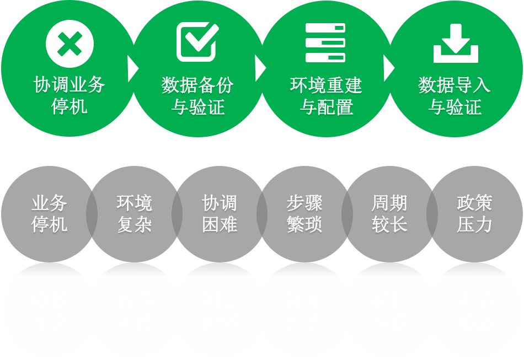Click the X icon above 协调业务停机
[69, 44]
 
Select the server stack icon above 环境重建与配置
[325, 42]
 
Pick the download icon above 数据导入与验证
[456, 43]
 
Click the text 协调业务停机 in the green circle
[69, 95]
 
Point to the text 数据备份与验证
[197, 95]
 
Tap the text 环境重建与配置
[326, 95]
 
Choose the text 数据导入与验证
[455, 95]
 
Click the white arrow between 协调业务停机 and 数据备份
[132, 68]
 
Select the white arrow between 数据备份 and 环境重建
[260, 68]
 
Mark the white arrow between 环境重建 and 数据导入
[389, 68]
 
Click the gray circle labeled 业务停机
[49, 214]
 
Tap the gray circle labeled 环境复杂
[134, 214]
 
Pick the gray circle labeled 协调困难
[220, 214]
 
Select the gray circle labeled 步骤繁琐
[304, 214]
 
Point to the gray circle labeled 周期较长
[389, 214]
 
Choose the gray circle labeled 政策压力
[474, 214]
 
